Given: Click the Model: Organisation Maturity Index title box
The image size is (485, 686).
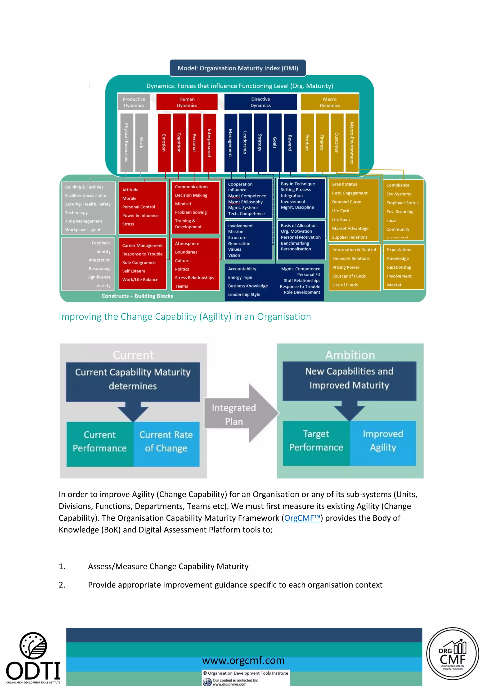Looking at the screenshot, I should tap(238, 68).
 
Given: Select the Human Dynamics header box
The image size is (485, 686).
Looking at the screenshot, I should tap(187, 102).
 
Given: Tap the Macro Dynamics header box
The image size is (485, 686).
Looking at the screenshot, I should tap(329, 102).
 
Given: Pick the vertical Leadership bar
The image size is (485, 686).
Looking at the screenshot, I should tap(245, 143).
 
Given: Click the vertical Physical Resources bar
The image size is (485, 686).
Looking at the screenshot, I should tap(127, 143).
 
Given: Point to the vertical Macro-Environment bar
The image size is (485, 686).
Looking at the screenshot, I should tap(352, 143).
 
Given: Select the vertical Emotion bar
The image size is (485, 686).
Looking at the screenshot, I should tap(164, 143).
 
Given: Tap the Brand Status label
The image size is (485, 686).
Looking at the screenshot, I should tap(344, 184).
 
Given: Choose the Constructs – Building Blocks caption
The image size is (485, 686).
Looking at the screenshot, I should tap(137, 296).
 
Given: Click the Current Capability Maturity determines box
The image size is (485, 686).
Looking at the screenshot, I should tap(133, 379).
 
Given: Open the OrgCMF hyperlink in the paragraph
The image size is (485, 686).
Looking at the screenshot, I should tap(302, 518).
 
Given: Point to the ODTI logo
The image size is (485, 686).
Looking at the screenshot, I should tap(33, 657).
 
